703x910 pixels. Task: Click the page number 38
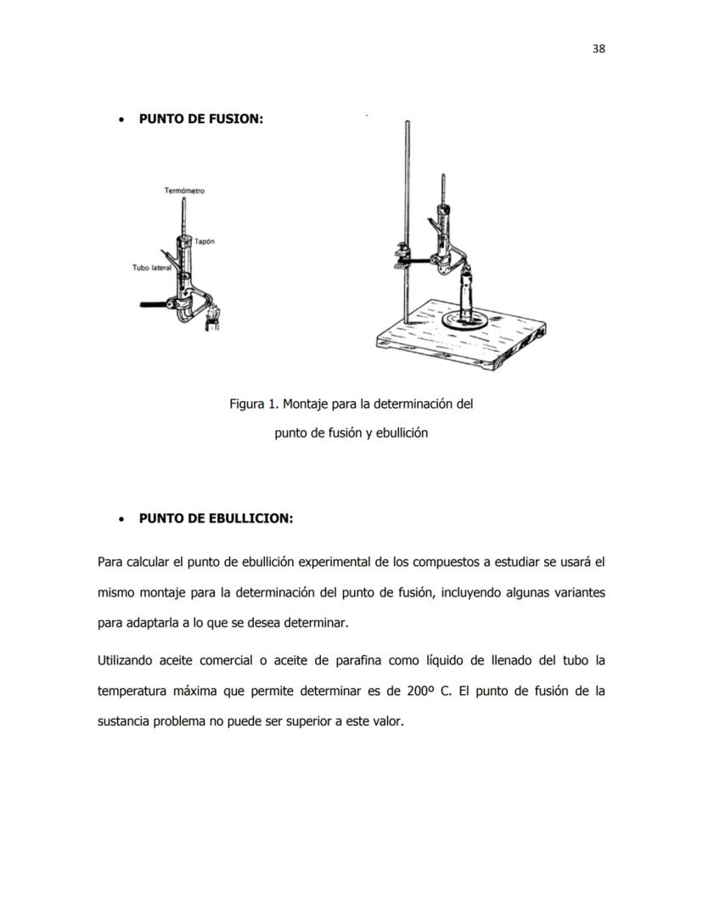point(598,48)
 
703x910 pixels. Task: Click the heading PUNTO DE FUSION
point(200,119)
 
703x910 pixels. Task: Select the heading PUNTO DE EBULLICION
point(216,518)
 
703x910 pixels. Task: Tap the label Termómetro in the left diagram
point(184,191)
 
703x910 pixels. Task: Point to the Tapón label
point(204,241)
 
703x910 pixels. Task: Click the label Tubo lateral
point(152,268)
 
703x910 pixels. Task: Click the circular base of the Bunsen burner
point(464,322)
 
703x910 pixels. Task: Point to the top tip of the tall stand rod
point(407,124)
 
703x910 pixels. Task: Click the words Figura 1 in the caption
point(252,404)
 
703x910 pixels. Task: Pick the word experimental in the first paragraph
point(329,562)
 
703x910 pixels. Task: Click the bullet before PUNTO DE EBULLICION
point(123,518)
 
